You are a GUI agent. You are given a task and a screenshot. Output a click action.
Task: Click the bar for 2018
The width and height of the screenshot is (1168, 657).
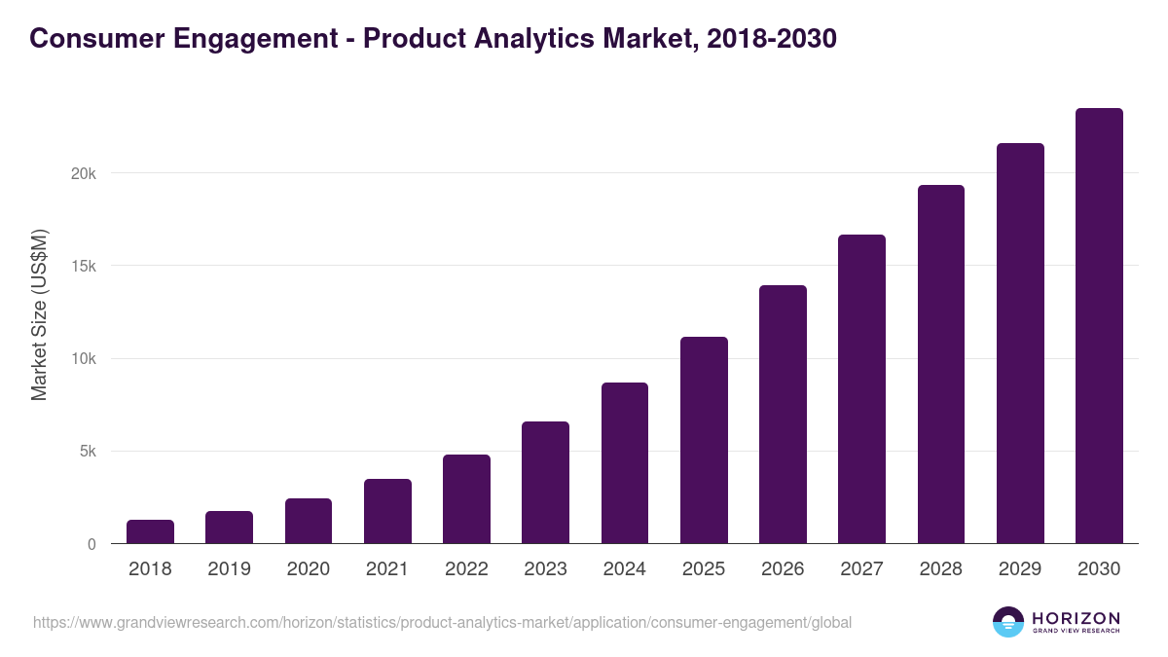[x=150, y=531]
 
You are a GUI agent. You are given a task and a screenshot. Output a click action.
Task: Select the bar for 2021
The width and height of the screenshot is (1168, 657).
[x=387, y=511]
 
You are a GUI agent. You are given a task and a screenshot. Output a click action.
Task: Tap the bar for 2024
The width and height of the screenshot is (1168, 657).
[x=625, y=463]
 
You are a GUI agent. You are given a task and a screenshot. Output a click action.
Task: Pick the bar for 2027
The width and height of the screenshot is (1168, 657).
[x=861, y=389]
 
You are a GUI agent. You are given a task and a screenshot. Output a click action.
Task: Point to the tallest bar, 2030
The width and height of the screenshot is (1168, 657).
[x=1099, y=326]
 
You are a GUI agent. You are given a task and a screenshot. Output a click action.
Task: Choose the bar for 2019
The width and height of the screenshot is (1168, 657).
[x=229, y=528]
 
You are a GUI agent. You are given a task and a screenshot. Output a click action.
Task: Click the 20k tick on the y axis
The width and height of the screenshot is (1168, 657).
[x=85, y=173]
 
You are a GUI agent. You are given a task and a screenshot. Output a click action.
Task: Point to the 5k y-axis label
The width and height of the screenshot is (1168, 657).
[x=88, y=452]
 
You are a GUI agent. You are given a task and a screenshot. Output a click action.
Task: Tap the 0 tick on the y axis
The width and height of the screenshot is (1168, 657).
[x=91, y=544]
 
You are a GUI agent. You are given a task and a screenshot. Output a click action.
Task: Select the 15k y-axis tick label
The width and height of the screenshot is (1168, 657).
[x=85, y=266]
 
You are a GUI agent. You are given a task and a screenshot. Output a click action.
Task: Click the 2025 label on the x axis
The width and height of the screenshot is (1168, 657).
[x=704, y=569]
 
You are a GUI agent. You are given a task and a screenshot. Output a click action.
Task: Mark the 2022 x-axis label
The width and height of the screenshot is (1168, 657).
[x=466, y=569]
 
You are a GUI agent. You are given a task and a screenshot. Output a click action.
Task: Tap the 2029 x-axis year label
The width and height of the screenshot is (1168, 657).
[x=1020, y=569]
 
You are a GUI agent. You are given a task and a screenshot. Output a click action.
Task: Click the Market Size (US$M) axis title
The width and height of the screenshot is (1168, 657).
[x=39, y=313]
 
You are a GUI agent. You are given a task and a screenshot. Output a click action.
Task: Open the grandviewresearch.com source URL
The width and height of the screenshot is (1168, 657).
[x=443, y=622]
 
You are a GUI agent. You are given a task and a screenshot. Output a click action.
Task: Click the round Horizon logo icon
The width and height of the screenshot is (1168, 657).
[x=1008, y=622]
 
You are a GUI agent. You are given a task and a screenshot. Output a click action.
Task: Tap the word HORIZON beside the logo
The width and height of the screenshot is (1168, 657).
[x=1076, y=617]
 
